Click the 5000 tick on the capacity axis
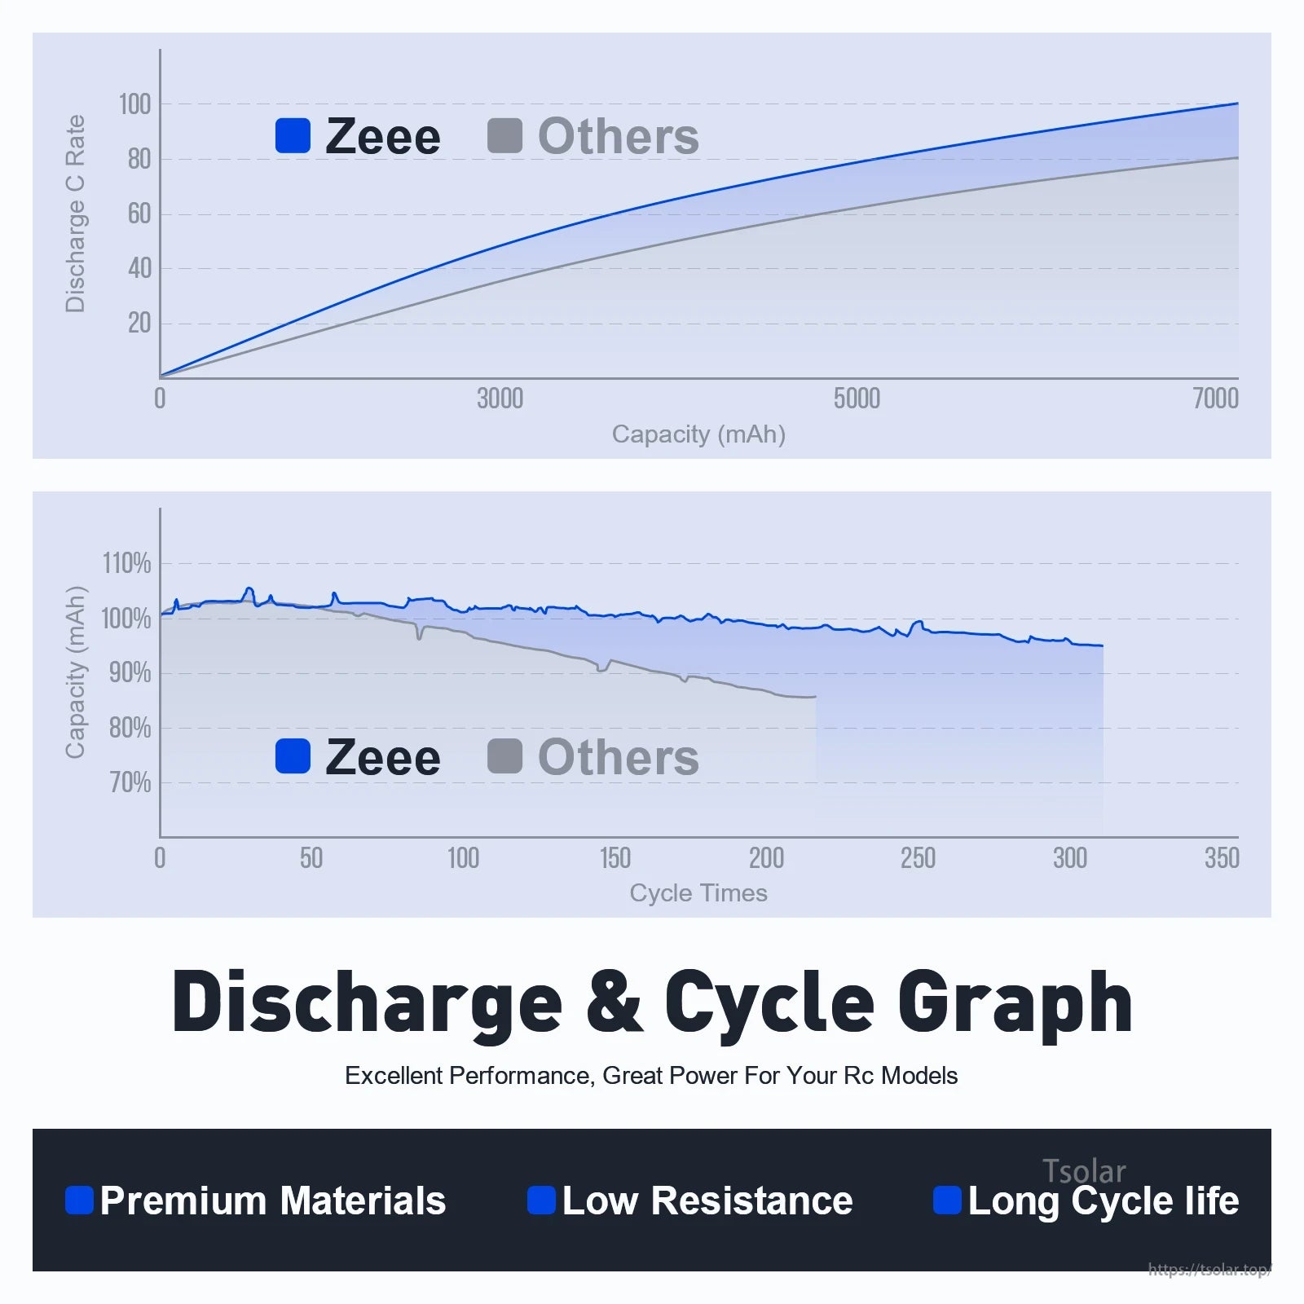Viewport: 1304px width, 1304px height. pyautogui.click(x=857, y=399)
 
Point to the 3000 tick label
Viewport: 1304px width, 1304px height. pyautogui.click(x=500, y=399)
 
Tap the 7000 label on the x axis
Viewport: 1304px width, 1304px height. pyautogui.click(x=1215, y=399)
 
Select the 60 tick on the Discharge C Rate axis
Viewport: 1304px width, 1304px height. pyautogui.click(x=139, y=214)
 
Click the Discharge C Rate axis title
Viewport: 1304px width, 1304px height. pyautogui.click(x=75, y=214)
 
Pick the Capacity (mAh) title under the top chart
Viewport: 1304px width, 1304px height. pyautogui.click(x=698, y=434)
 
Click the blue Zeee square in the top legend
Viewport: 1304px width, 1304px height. pyautogui.click(x=293, y=135)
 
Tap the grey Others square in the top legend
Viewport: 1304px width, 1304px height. pyautogui.click(x=504, y=135)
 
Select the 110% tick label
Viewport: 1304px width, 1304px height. pyautogui.click(x=126, y=563)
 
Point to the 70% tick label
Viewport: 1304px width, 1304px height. pyautogui.click(x=130, y=782)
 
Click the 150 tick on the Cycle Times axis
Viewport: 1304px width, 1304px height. pyautogui.click(x=615, y=858)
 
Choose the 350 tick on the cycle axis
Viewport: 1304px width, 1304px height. pyautogui.click(x=1222, y=858)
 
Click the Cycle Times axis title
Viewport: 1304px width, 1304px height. pyautogui.click(x=698, y=893)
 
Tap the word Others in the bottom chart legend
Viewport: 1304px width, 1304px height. pyautogui.click(x=619, y=757)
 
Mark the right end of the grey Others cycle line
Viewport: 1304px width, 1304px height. pyautogui.click(x=815, y=697)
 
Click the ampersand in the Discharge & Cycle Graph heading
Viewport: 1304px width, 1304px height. pyautogui.click(x=613, y=1002)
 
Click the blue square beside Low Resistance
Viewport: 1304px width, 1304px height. pyautogui.click(x=541, y=1200)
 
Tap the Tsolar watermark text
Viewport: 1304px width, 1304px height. pyautogui.click(x=1084, y=1171)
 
